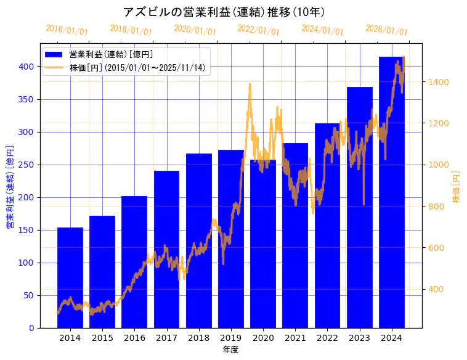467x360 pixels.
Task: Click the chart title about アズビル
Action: point(224,12)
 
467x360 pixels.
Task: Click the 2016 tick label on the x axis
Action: point(134,338)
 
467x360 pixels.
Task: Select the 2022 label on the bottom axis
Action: point(327,338)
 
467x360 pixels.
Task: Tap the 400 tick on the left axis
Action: point(26,67)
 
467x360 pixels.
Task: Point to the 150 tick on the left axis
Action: point(26,230)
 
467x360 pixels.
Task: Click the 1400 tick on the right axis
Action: point(439,82)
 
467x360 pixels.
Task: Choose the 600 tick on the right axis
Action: point(437,248)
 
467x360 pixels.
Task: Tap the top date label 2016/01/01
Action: point(67,30)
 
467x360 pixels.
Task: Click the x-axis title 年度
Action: point(230,350)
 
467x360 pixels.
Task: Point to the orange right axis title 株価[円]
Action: point(457,188)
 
